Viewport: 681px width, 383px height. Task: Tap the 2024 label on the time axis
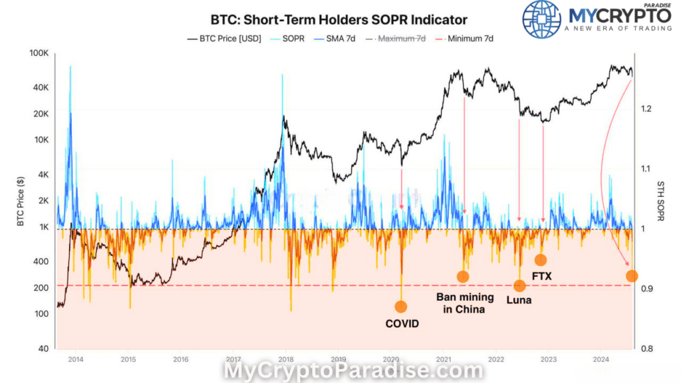coord(600,359)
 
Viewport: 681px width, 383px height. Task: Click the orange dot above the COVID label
coord(400,307)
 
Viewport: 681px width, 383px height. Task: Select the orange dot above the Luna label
coord(519,286)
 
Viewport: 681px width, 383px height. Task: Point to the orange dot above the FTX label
coord(541,260)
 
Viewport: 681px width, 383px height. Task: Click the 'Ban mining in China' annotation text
coord(460,303)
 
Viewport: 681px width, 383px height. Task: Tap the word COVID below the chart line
coord(402,324)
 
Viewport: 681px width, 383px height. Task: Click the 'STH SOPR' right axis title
coord(660,200)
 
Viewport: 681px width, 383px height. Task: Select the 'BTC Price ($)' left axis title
coord(21,199)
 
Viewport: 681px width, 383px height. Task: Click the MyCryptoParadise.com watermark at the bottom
coord(353,370)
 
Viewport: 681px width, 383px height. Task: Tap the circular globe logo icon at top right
coord(541,19)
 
